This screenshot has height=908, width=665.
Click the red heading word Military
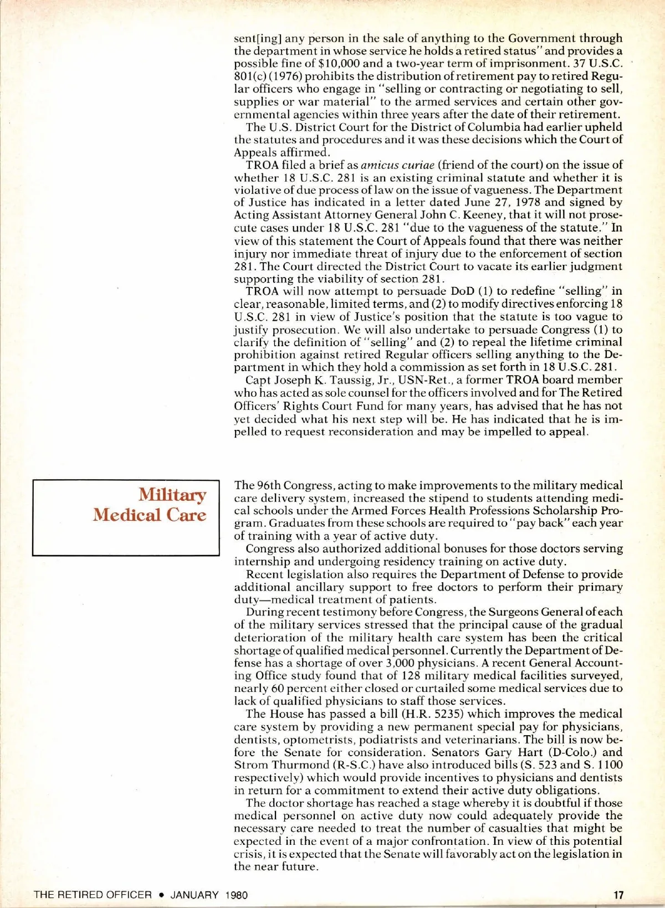point(172,494)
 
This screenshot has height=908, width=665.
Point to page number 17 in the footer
point(618,895)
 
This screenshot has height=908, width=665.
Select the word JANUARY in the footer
point(194,895)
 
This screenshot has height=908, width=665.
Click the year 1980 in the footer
point(237,895)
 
